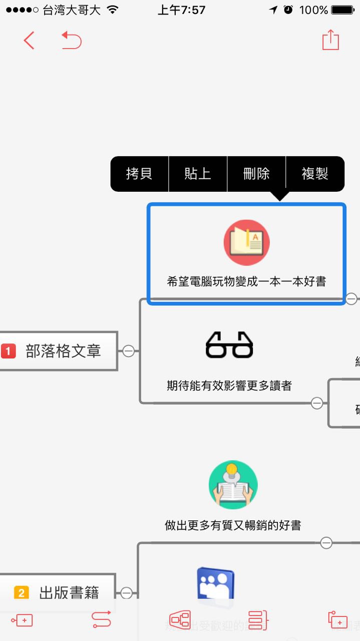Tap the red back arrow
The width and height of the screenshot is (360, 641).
pyautogui.click(x=29, y=41)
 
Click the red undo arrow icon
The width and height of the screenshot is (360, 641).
pyautogui.click(x=72, y=41)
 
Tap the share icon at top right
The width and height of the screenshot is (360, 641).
pyautogui.click(x=330, y=40)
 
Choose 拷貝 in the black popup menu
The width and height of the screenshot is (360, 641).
pyautogui.click(x=139, y=174)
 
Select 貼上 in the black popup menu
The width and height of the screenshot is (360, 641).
pyautogui.click(x=198, y=174)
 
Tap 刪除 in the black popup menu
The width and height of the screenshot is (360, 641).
pyautogui.click(x=256, y=174)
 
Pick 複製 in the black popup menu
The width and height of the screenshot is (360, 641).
pyautogui.click(x=315, y=174)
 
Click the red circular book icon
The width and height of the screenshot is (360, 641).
pyautogui.click(x=246, y=242)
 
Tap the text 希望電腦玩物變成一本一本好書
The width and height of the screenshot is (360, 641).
pyautogui.click(x=246, y=281)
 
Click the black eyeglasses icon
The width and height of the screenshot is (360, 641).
pyautogui.click(x=229, y=345)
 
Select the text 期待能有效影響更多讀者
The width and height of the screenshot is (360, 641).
pyautogui.click(x=229, y=386)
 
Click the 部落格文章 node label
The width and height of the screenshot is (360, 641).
pyautogui.click(x=63, y=351)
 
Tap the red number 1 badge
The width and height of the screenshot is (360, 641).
pyautogui.click(x=9, y=351)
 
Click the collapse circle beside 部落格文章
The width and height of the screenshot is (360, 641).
pyautogui.click(x=128, y=351)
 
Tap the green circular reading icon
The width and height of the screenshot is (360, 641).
pyautogui.click(x=233, y=485)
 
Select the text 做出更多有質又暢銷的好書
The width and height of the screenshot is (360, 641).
pyautogui.click(x=233, y=525)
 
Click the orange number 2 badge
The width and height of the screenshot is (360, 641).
pyautogui.click(x=21, y=593)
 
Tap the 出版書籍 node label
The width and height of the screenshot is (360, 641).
pyautogui.click(x=69, y=593)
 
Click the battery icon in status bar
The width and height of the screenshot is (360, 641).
pyautogui.click(x=343, y=10)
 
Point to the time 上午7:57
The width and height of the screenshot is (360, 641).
pyautogui.click(x=181, y=10)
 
